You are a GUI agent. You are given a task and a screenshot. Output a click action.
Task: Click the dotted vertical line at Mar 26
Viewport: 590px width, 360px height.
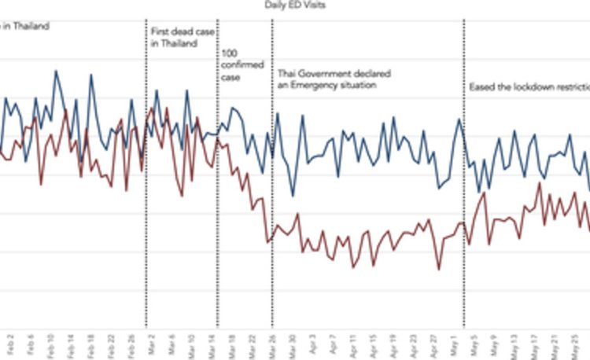(x=272, y=197)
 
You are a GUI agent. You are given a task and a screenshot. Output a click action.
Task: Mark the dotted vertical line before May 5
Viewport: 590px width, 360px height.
(x=463, y=197)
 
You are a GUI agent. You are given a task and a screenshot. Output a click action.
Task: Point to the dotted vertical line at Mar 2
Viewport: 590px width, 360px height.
(x=146, y=197)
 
